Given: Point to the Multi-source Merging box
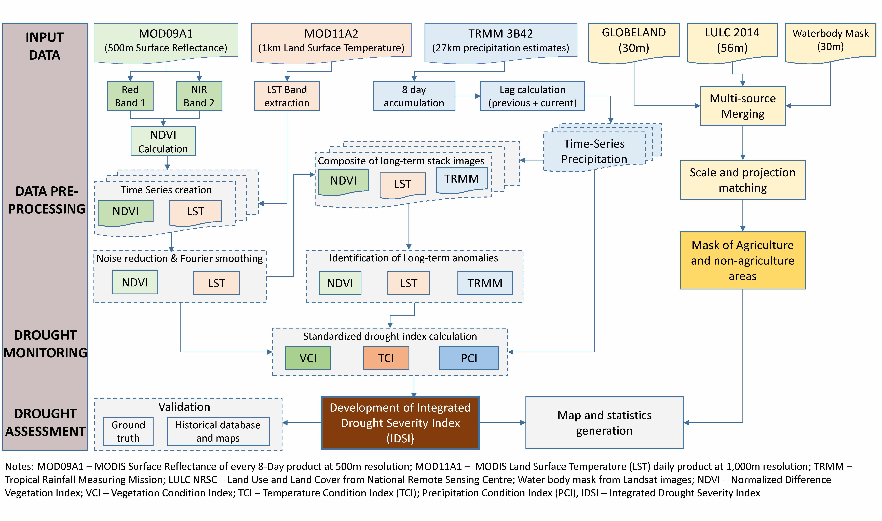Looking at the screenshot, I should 742,106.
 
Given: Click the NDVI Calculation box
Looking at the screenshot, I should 163,141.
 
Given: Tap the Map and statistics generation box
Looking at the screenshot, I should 604,423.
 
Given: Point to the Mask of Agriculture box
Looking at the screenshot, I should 742,260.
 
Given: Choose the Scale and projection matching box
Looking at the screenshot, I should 742,180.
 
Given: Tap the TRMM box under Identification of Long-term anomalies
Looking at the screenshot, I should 485,283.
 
